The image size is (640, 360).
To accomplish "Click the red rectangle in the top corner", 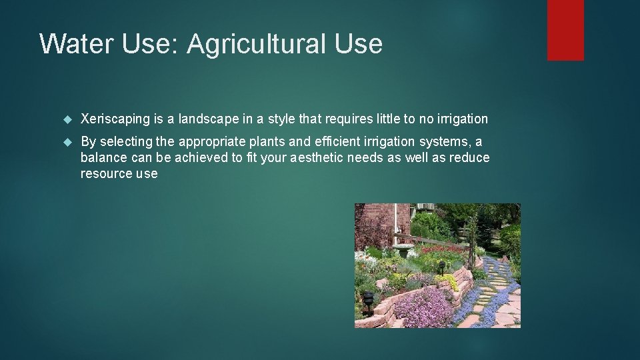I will (x=565, y=29).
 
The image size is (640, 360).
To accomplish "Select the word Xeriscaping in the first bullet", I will (x=115, y=119).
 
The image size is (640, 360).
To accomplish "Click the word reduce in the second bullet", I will (x=469, y=158).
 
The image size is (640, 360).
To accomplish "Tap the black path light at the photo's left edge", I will (x=367, y=299).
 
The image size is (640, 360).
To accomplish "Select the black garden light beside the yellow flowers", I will (x=441, y=267).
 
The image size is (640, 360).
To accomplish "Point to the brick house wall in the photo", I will (x=373, y=223).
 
